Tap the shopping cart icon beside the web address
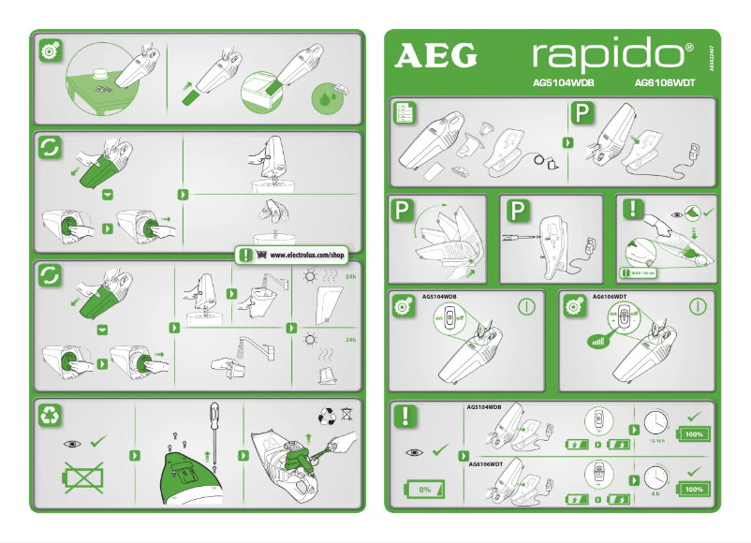[262, 255]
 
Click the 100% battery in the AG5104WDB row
[695, 434]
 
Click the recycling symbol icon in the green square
[51, 417]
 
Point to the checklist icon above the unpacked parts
[405, 113]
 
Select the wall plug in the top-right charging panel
[695, 150]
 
